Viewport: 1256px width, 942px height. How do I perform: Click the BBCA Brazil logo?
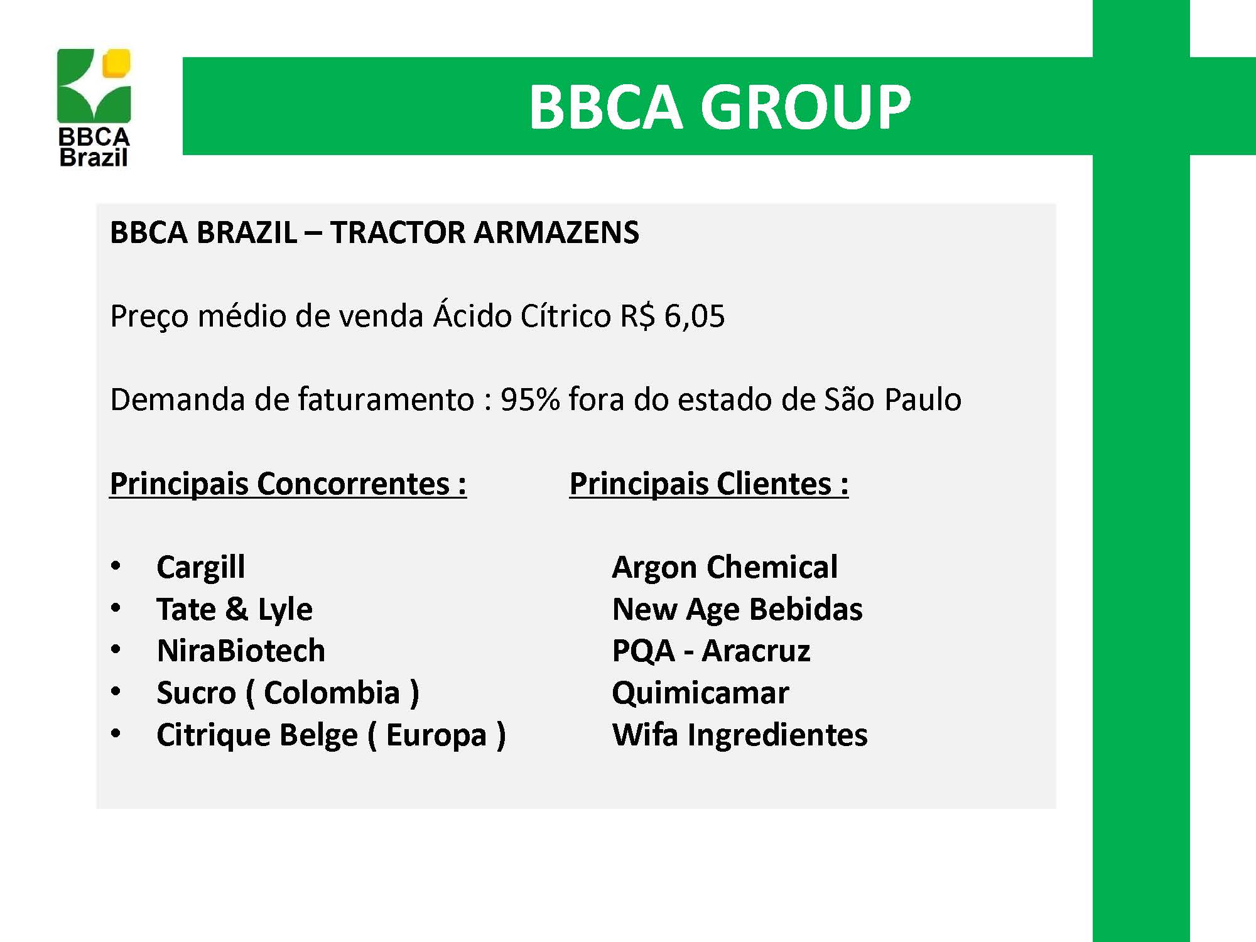pyautogui.click(x=94, y=107)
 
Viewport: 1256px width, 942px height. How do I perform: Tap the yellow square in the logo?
pyautogui.click(x=117, y=63)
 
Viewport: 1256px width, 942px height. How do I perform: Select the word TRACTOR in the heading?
pyautogui.click(x=398, y=232)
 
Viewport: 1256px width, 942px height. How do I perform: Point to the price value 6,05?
pyautogui.click(x=694, y=316)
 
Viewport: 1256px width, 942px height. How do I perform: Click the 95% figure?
pyautogui.click(x=530, y=399)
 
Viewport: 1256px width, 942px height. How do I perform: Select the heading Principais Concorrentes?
pyautogui.click(x=288, y=484)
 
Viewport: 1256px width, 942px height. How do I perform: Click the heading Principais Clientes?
pyautogui.click(x=709, y=484)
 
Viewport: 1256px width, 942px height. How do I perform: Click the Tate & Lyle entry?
pyautogui.click(x=234, y=610)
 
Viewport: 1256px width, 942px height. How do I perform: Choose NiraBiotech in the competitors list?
pyautogui.click(x=241, y=651)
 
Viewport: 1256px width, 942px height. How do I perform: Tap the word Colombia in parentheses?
pyautogui.click(x=332, y=693)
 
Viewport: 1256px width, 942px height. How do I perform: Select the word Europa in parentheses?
pyautogui.click(x=436, y=735)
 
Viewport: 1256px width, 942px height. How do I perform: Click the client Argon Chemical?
pyautogui.click(x=725, y=568)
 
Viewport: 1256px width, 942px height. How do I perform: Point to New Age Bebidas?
pyautogui.click(x=737, y=610)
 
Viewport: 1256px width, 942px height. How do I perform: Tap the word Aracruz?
pyautogui.click(x=756, y=651)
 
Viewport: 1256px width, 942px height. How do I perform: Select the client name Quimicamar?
pyautogui.click(x=700, y=693)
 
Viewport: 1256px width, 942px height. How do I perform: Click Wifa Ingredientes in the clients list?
pyautogui.click(x=740, y=735)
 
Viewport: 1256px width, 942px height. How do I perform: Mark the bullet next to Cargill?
pyautogui.click(x=116, y=566)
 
